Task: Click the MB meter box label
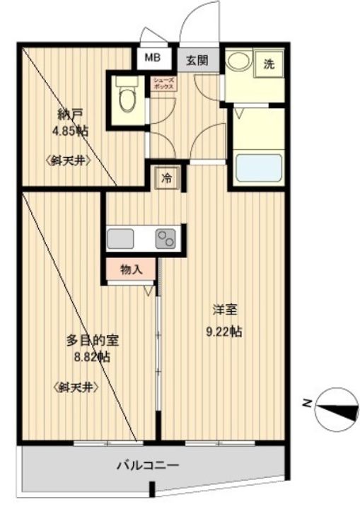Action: (x=152, y=58)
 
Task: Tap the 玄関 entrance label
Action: (x=197, y=60)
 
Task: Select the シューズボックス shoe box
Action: (x=164, y=83)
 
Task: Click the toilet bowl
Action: (x=127, y=96)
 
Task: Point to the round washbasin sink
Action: (x=238, y=61)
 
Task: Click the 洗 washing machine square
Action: (x=268, y=64)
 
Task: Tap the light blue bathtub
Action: (x=259, y=168)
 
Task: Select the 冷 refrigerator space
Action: (x=167, y=178)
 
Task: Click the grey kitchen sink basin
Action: (x=120, y=239)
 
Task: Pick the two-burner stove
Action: (x=166, y=239)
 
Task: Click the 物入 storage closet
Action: (x=131, y=269)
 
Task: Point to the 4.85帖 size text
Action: (x=70, y=131)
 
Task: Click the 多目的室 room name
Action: (x=92, y=341)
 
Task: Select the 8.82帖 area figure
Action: (x=92, y=357)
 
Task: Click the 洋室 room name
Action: (x=224, y=310)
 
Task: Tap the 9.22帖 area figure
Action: (x=224, y=332)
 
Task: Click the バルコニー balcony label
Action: (x=148, y=466)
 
